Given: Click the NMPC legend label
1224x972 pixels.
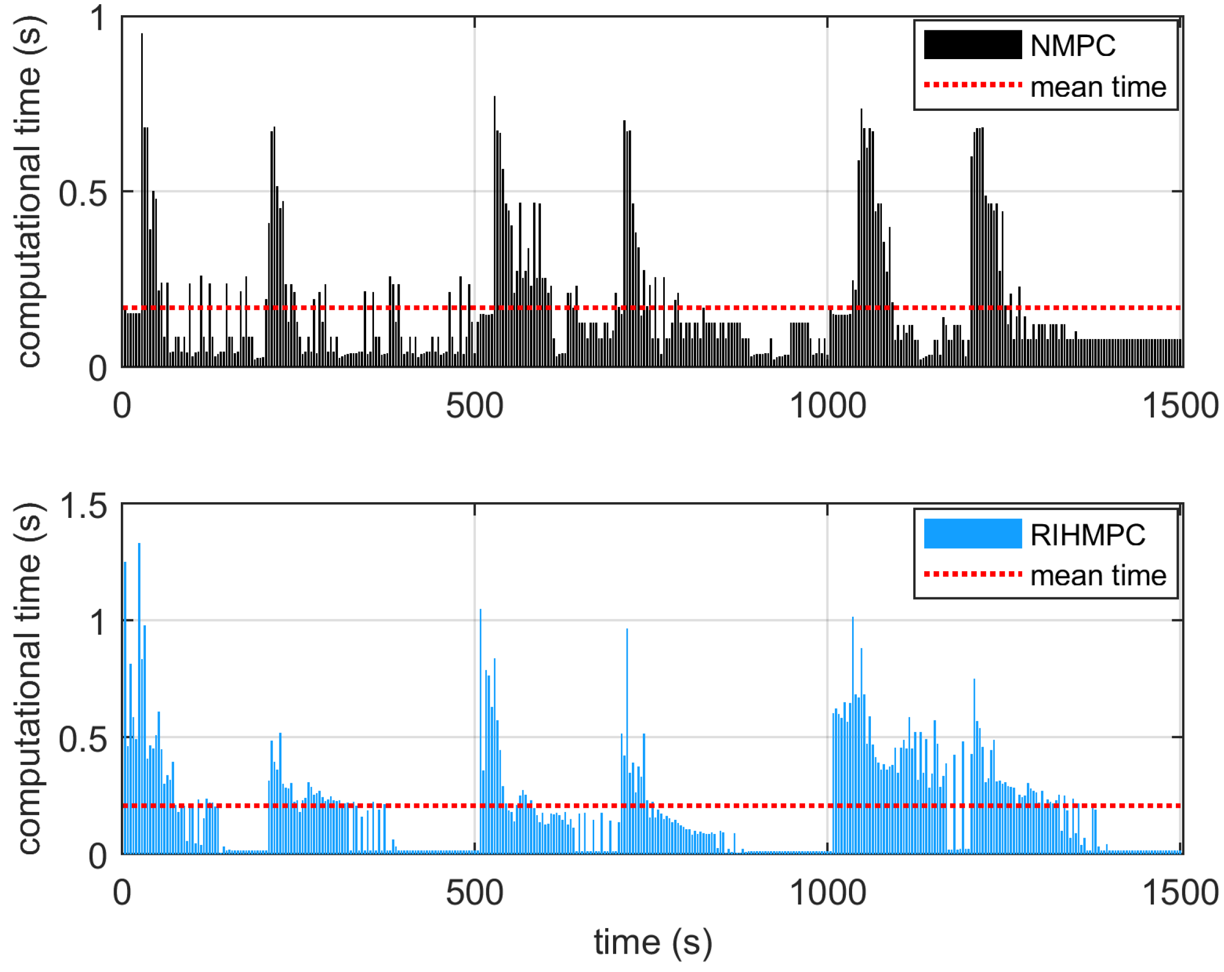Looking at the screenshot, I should click(x=1072, y=46).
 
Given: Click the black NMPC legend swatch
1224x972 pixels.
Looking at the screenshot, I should click(x=972, y=45).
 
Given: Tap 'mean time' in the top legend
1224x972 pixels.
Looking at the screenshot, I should click(x=1098, y=87).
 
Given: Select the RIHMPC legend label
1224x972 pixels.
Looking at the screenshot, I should click(x=1087, y=535).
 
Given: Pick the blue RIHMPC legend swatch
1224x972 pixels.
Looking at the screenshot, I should click(x=972, y=534).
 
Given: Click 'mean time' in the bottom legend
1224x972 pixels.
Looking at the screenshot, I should click(x=1098, y=575).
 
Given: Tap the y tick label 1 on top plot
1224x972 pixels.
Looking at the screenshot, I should click(x=98, y=19).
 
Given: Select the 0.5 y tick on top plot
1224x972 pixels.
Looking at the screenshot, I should click(x=82, y=193).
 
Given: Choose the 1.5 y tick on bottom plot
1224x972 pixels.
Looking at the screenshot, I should click(x=82, y=505).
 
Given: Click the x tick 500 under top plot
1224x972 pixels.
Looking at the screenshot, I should click(x=474, y=406).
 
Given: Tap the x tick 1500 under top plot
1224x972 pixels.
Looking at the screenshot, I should click(x=1180, y=406).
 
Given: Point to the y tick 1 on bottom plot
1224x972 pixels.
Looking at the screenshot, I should click(x=98, y=621).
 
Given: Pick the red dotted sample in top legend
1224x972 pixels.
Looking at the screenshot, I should click(x=972, y=85).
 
